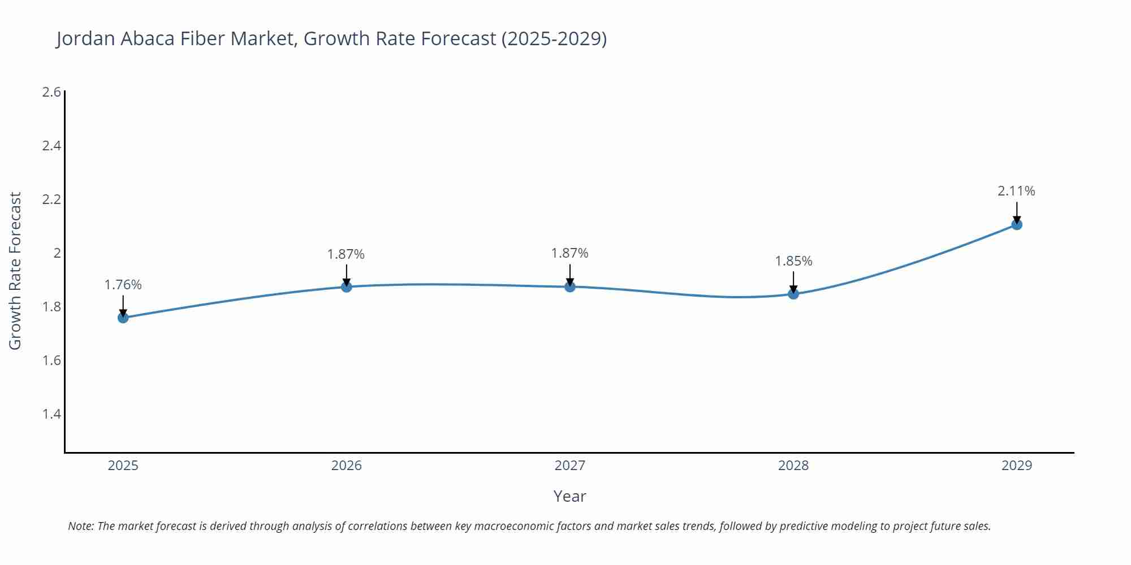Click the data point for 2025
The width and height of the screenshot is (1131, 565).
tap(123, 318)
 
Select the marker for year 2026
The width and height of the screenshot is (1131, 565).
tap(347, 287)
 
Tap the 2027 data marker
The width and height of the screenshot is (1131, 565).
tap(570, 287)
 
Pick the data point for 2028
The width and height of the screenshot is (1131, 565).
tap(793, 294)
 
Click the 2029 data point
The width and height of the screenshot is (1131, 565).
tap(1017, 225)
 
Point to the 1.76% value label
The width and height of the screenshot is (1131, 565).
tap(123, 285)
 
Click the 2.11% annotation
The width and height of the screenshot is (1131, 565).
tap(1016, 191)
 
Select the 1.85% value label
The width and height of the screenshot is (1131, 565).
tap(793, 261)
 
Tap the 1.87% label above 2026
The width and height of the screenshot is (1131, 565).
tap(346, 254)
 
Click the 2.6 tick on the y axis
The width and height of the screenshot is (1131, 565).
tap(51, 92)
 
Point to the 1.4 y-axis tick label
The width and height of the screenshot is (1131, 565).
tap(51, 414)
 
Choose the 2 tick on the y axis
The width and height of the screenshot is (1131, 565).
tap(57, 253)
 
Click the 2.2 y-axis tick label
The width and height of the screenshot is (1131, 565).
tap(51, 199)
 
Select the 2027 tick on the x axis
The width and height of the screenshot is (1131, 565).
tap(570, 466)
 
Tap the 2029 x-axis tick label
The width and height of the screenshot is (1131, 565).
tap(1017, 466)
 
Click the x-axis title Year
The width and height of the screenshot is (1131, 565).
tap(569, 496)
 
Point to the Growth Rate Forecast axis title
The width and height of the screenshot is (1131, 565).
tap(15, 271)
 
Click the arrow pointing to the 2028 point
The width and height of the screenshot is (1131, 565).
tap(793, 282)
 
